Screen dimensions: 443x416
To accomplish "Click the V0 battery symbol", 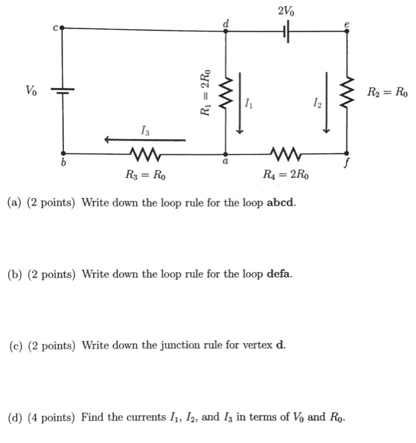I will point(62,90).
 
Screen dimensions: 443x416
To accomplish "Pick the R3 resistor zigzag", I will point(144,153).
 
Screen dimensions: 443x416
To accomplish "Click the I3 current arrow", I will point(146,140).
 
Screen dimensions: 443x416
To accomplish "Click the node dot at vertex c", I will point(61,28).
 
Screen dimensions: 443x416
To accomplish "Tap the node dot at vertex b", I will point(62,153).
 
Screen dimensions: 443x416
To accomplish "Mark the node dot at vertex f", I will point(346,153).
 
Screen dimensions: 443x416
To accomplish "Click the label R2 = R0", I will point(388,92).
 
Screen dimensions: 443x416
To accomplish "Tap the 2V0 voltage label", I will point(286,11).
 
